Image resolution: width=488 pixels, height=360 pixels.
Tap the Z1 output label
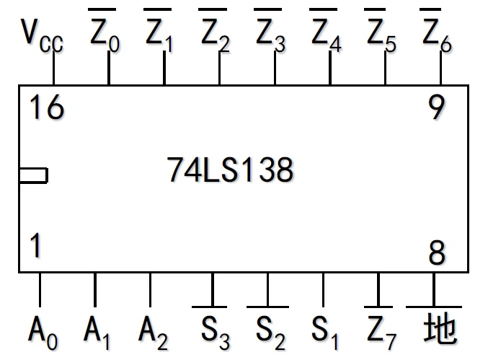[159, 33]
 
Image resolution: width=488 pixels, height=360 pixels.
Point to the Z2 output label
[215, 33]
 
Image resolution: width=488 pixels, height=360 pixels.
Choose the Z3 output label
[270, 33]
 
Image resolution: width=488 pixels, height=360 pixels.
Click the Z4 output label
[325, 33]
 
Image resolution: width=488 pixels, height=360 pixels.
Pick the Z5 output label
[381, 33]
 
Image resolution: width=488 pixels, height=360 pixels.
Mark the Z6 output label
[435, 33]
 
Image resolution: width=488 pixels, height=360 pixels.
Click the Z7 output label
[381, 329]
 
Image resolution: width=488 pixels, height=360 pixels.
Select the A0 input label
[43, 330]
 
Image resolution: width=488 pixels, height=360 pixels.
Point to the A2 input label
[153, 330]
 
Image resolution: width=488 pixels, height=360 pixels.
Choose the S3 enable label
[215, 330]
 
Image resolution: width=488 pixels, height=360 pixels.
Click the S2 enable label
[270, 330]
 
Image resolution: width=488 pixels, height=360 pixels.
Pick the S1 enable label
[325, 330]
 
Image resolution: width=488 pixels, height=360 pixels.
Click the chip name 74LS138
[230, 170]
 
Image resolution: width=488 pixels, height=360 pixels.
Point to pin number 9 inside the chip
[436, 108]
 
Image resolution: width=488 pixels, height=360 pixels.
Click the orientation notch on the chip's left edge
[33, 175]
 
